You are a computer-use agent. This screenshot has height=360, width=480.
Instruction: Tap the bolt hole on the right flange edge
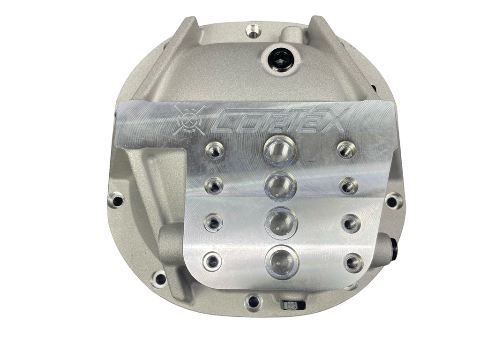391,201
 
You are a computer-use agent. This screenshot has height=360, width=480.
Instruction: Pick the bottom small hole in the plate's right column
352,262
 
